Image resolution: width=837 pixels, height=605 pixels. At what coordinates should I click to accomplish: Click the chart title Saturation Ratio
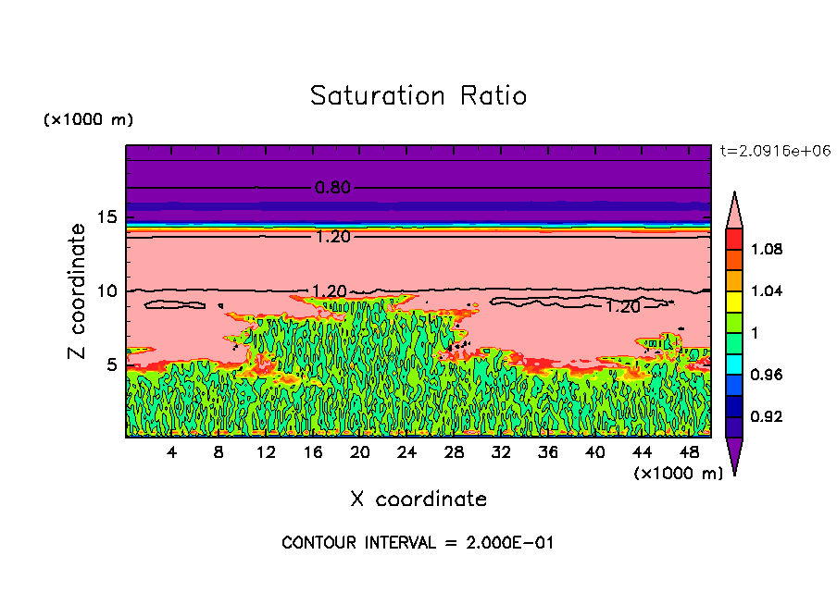(x=418, y=96)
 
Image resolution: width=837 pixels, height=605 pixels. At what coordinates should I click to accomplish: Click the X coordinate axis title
(x=418, y=500)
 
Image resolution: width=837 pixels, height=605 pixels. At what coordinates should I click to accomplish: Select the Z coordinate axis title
(x=78, y=291)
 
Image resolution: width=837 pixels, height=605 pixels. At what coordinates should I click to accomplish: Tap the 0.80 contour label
(x=333, y=188)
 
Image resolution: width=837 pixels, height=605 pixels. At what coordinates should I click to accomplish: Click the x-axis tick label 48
(x=689, y=452)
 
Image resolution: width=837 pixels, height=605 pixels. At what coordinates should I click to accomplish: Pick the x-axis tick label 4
(x=172, y=452)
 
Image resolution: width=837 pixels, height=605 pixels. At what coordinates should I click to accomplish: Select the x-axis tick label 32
(x=501, y=452)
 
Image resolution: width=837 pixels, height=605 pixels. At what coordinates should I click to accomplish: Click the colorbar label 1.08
(x=768, y=249)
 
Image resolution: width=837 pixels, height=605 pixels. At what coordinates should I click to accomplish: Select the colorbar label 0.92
(x=768, y=416)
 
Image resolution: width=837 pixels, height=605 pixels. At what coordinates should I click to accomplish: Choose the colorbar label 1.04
(x=768, y=290)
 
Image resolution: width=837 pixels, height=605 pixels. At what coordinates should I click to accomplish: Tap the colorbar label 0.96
(x=768, y=375)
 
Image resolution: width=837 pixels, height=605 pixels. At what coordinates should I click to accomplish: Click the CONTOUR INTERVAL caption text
(x=418, y=543)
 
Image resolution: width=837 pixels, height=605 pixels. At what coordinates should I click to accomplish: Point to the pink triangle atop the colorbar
(x=734, y=208)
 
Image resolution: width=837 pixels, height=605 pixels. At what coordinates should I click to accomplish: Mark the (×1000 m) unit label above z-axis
(x=88, y=120)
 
